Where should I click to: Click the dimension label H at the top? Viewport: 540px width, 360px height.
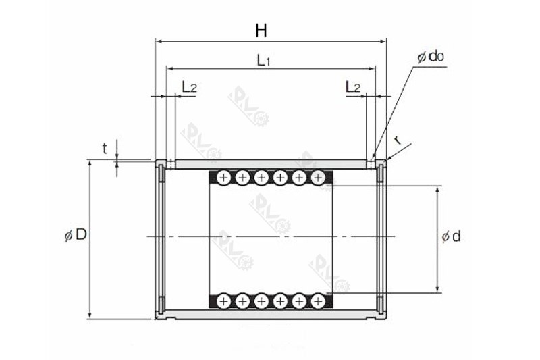coord(261,30)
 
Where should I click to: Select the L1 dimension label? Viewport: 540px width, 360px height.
coord(264,61)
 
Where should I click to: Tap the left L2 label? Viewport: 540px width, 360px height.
coord(190,87)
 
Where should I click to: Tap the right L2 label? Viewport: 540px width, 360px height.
coord(352,87)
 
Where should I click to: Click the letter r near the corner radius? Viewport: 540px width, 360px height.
coord(398,140)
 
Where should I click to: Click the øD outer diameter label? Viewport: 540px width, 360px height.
coord(75,236)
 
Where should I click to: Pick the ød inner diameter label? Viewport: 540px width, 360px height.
coord(452,236)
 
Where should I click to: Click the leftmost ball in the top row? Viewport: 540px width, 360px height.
coord(222,178)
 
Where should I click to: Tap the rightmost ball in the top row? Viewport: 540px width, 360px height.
coord(318,178)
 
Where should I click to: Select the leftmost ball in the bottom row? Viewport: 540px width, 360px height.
coord(222,299)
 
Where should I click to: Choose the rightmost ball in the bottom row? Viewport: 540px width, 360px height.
coord(318,299)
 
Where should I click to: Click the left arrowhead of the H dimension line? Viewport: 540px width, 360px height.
coord(159,42)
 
